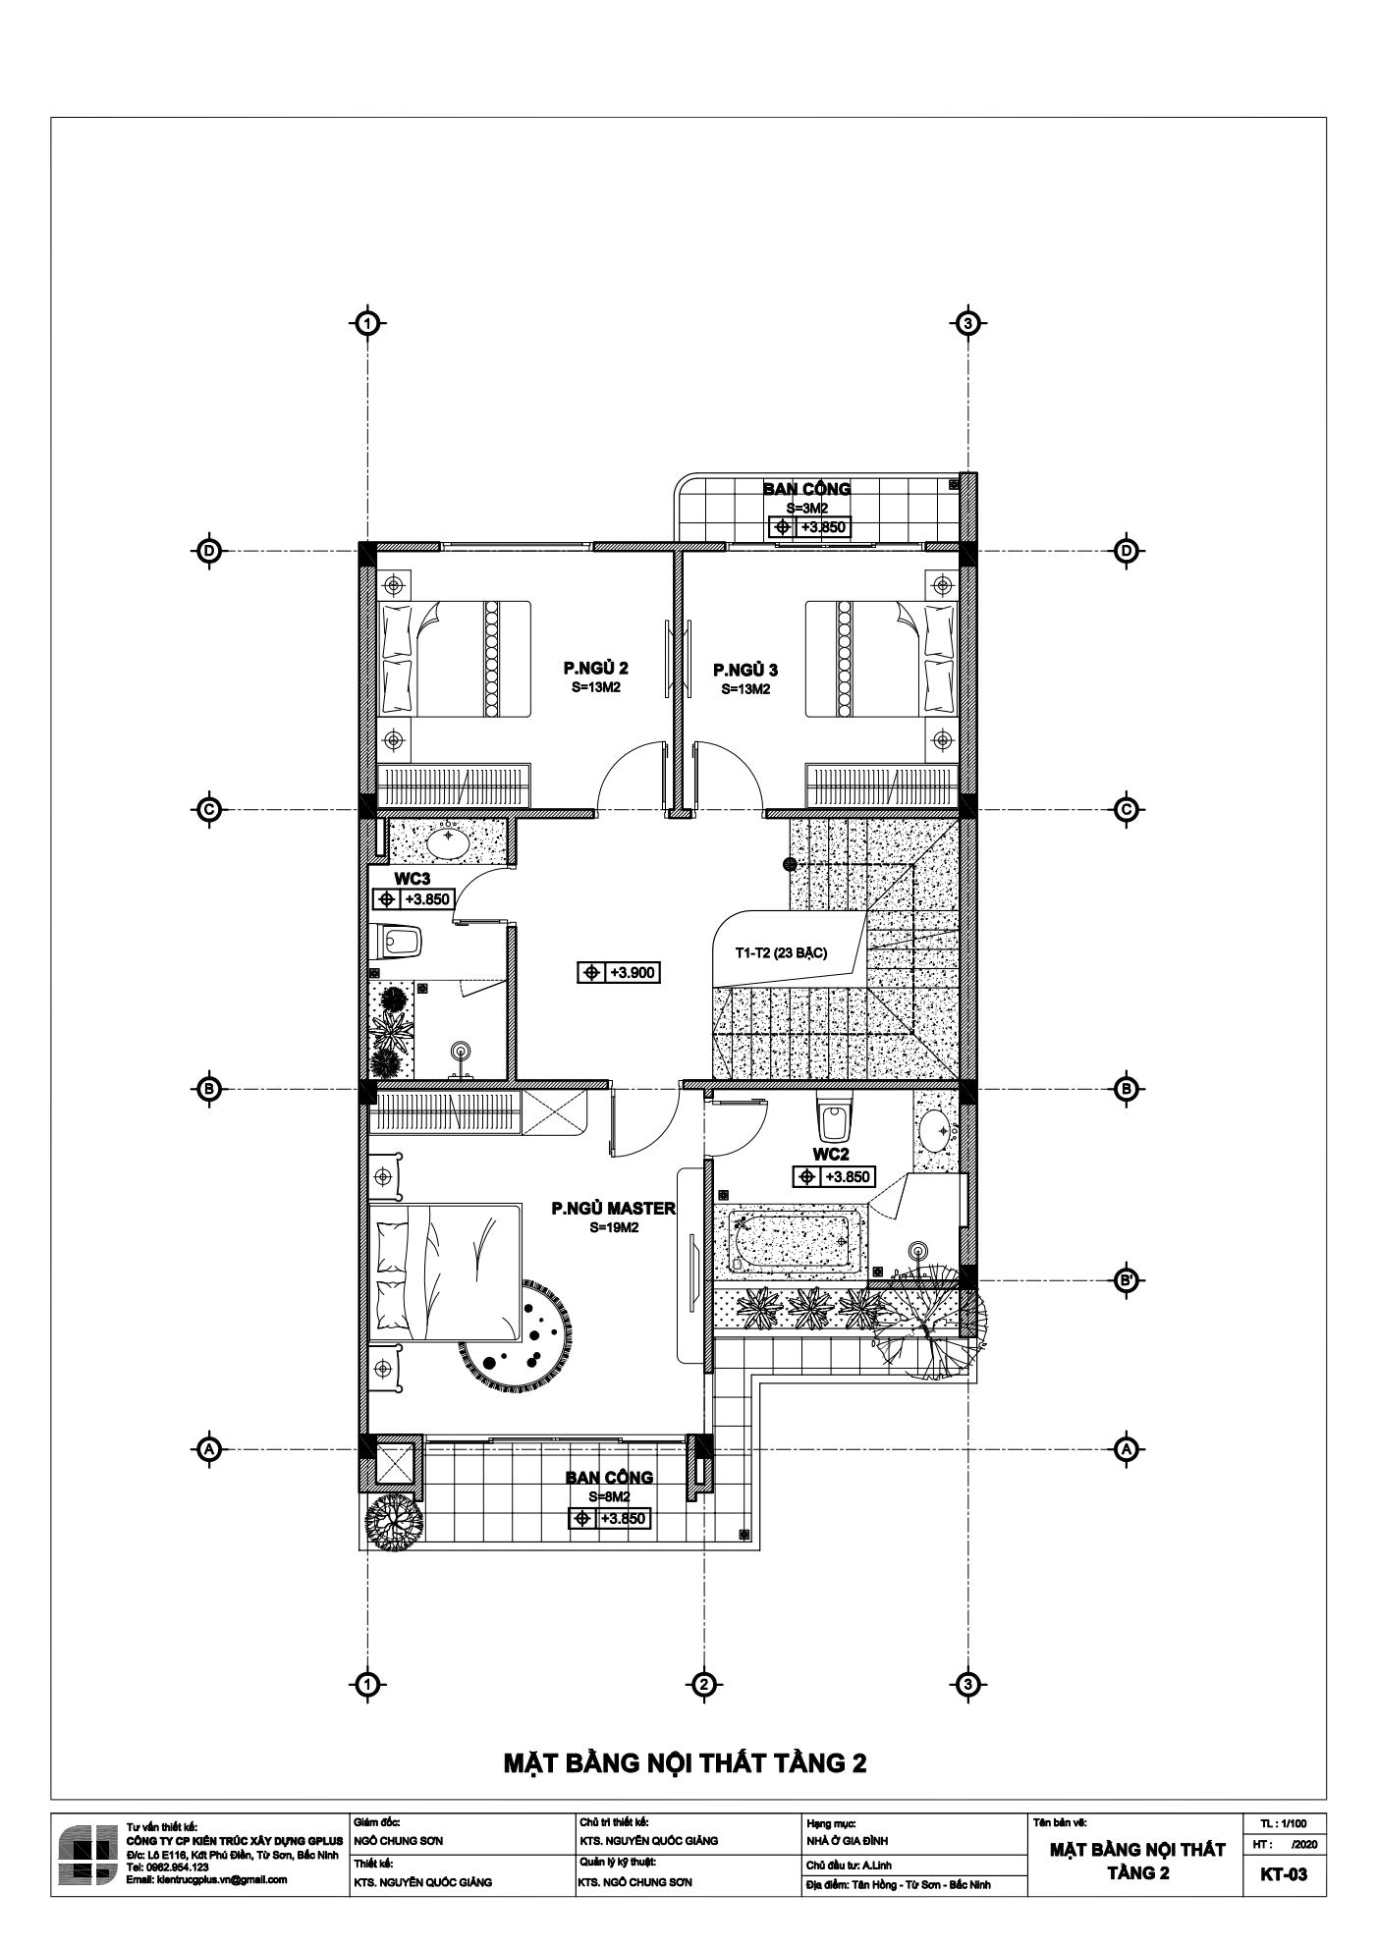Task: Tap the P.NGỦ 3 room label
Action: pyautogui.click(x=745, y=671)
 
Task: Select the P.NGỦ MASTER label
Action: pyautogui.click(x=614, y=1209)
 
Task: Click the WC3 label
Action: pyautogui.click(x=413, y=879)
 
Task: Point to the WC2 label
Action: pyautogui.click(x=831, y=1153)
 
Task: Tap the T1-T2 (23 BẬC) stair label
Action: pyautogui.click(x=781, y=952)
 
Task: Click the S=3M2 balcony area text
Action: pyautogui.click(x=807, y=508)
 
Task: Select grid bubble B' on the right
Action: pyautogui.click(x=1128, y=1280)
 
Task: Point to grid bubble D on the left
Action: pyautogui.click(x=208, y=551)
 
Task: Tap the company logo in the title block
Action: pyautogui.click(x=86, y=1855)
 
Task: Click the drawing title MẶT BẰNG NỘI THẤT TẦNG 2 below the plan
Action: pyautogui.click(x=686, y=1762)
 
